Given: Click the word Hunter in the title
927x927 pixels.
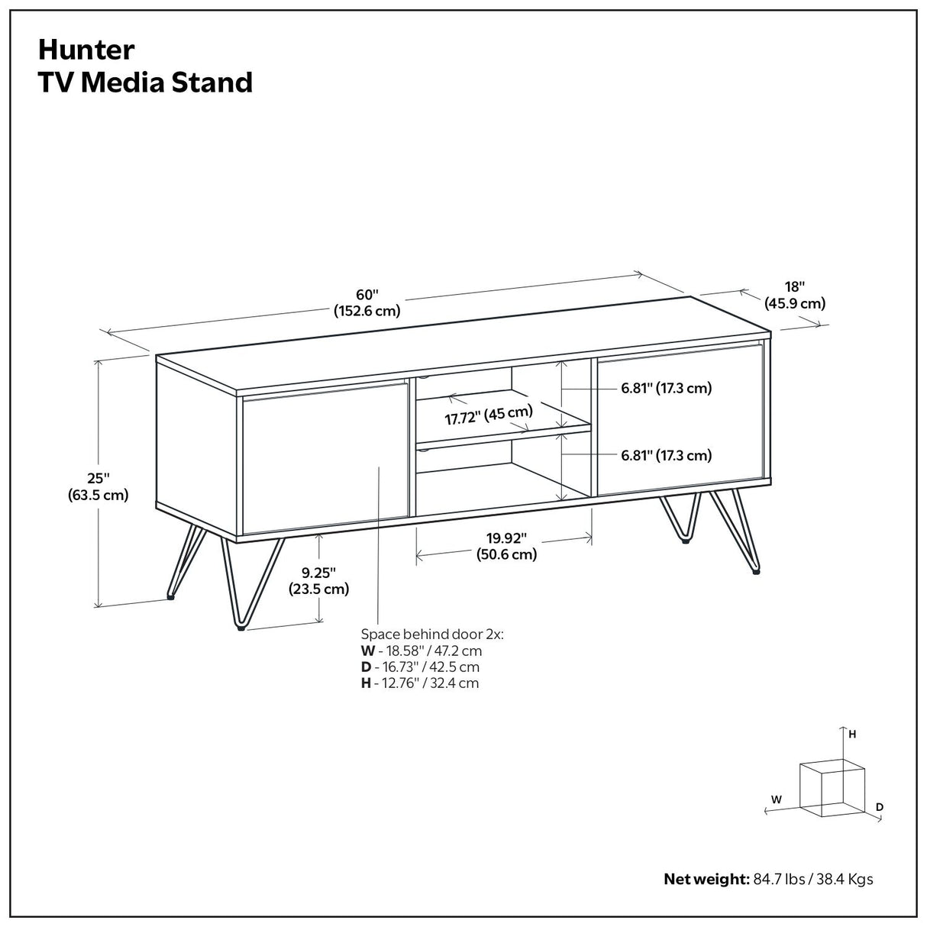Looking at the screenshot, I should point(86,50).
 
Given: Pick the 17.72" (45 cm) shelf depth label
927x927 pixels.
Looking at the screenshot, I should point(489,415).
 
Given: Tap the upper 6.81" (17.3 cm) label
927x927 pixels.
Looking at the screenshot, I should point(666,388).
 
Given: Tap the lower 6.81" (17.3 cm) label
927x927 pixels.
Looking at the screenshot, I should point(666,456).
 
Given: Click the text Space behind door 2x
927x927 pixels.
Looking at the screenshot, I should point(432,635).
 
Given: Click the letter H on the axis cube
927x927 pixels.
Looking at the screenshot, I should point(852,734).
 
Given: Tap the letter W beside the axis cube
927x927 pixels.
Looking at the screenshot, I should point(776,799).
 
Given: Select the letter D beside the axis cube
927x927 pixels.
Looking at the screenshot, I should point(880,806).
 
